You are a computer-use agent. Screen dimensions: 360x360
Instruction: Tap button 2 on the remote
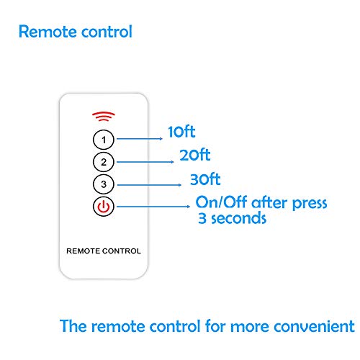tap(104, 162)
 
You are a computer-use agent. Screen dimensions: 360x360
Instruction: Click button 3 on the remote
tap(104, 184)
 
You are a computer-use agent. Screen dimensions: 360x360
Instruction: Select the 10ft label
tap(181, 132)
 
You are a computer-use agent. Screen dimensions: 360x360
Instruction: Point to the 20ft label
tap(195, 155)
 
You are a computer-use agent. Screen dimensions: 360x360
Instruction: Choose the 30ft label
tap(205, 179)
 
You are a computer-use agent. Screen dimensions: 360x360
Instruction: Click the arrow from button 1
tap(140, 139)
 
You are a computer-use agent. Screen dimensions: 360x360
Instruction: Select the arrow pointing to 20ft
tap(145, 162)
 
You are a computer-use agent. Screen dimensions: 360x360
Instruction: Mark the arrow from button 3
tap(149, 185)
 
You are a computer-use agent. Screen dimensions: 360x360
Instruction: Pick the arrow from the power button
tap(153, 207)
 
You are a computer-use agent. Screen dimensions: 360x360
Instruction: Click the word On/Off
tap(221, 202)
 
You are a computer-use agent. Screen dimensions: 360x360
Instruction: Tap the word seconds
tap(238, 218)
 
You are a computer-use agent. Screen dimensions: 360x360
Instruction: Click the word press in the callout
tap(310, 204)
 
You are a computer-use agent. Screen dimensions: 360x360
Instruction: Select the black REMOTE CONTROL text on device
tap(104, 251)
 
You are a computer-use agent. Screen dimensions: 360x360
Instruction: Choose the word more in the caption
tap(250, 328)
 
